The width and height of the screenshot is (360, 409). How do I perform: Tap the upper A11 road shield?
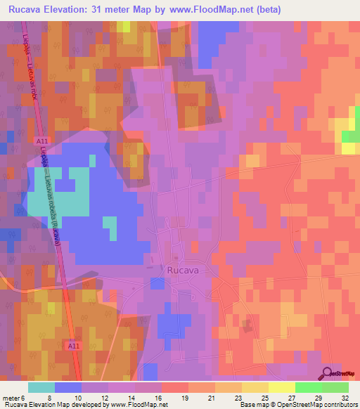tap(41, 141)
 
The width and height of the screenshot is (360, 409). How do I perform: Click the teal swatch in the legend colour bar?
tap(41, 387)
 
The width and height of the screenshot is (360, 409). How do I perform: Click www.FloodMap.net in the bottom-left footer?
tap(138, 405)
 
